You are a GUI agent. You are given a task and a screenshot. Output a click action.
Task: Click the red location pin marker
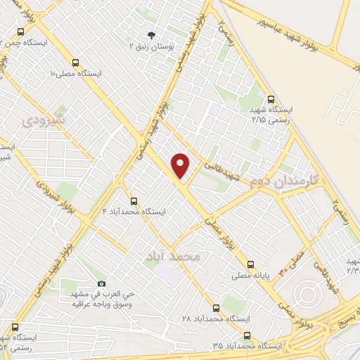(x=181, y=164)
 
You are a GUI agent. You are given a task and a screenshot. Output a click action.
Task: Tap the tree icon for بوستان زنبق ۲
(x=150, y=34)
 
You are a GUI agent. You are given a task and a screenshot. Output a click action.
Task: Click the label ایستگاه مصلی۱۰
(x=77, y=73)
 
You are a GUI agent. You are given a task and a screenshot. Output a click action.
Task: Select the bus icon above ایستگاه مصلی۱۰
(x=75, y=62)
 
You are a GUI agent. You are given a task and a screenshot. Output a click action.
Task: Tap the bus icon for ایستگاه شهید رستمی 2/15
(x=271, y=99)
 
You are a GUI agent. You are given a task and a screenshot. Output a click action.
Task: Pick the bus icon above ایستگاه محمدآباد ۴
(x=134, y=200)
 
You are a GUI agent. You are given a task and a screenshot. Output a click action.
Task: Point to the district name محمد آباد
(x=173, y=256)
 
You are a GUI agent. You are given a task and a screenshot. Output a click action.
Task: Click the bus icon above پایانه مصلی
(x=251, y=265)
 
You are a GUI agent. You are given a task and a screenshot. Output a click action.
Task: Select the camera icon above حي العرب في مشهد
(x=101, y=283)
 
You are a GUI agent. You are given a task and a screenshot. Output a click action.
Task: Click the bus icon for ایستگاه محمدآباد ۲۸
(x=215, y=308)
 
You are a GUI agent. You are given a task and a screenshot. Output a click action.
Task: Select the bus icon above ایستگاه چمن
(x=19, y=32)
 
